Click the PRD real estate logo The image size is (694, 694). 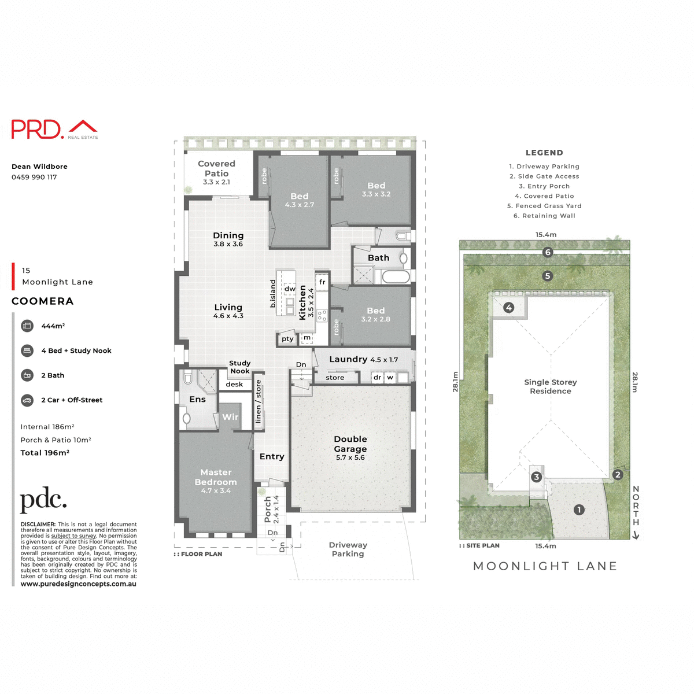pyautogui.click(x=54, y=129)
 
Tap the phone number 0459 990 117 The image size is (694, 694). pyautogui.click(x=34, y=177)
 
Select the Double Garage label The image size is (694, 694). pyautogui.click(x=350, y=444)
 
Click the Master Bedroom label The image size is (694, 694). pyautogui.click(x=216, y=478)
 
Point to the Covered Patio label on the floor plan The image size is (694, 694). pyautogui.click(x=216, y=169)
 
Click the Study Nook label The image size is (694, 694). pyautogui.click(x=240, y=367)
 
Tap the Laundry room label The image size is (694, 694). pyautogui.click(x=348, y=359)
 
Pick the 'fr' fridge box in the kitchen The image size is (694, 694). pyautogui.click(x=322, y=282)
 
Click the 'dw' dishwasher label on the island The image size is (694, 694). pyautogui.click(x=290, y=289)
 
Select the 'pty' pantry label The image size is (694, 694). pyautogui.click(x=287, y=339)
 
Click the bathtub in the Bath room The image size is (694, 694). pyautogui.click(x=396, y=277)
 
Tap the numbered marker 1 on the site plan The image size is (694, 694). pyautogui.click(x=579, y=510)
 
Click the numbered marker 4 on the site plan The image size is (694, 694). pyautogui.click(x=508, y=308)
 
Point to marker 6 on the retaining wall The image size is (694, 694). pyautogui.click(x=548, y=252)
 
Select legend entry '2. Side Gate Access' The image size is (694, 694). pyautogui.click(x=544, y=176)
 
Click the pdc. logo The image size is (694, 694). pyautogui.click(x=43, y=500)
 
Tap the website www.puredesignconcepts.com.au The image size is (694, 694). pyautogui.click(x=79, y=584)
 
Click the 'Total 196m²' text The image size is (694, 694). pyautogui.click(x=45, y=453)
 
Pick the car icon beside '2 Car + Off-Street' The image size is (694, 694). pyautogui.click(x=27, y=400)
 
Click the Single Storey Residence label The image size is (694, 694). pyautogui.click(x=551, y=386)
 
